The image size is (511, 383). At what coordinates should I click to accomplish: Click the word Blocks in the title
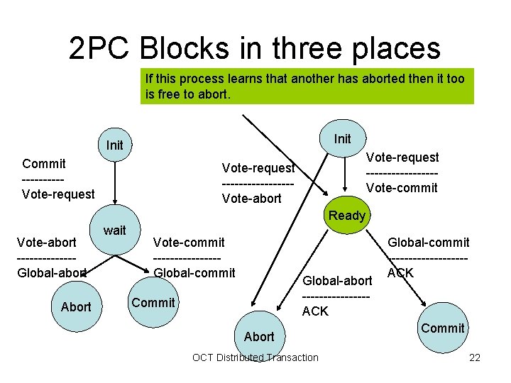(x=186, y=48)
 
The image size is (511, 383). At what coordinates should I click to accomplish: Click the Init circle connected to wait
(x=114, y=145)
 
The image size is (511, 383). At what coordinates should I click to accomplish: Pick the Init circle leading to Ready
(x=343, y=138)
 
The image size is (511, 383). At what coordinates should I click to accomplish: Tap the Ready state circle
(x=347, y=215)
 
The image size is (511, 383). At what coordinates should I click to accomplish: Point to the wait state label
(x=114, y=230)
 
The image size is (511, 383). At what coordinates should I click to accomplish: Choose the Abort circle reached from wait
(x=76, y=306)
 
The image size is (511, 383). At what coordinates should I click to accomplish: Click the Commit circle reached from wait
(x=153, y=302)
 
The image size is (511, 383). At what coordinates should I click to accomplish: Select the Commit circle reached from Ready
(x=442, y=328)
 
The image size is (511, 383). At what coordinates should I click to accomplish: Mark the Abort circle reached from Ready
(x=258, y=336)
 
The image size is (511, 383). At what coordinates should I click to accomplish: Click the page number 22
(x=475, y=357)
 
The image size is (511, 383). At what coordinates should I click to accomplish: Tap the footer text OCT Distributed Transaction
(x=255, y=357)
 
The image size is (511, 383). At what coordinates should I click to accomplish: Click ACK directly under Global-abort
(x=315, y=311)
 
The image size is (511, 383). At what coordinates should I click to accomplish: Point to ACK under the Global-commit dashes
(x=400, y=272)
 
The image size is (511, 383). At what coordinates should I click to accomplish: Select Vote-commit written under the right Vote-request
(x=402, y=187)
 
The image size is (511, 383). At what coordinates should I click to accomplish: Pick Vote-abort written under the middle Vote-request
(x=251, y=199)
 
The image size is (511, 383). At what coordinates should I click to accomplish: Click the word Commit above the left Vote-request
(x=44, y=163)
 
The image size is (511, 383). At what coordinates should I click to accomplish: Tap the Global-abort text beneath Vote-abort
(x=52, y=272)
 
